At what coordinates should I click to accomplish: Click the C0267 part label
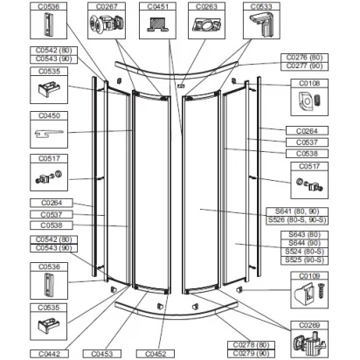click(x=107, y=7)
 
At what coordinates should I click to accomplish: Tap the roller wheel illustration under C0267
click(x=107, y=24)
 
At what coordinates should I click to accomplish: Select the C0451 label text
click(x=157, y=7)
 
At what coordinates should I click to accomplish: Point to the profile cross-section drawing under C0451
click(x=157, y=24)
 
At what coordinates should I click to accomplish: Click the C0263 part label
click(x=206, y=7)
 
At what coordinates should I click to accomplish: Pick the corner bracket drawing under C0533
click(x=261, y=24)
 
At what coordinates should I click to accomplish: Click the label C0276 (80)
click(x=304, y=58)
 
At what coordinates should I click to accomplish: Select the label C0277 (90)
click(x=304, y=66)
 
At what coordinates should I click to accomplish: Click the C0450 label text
click(x=49, y=115)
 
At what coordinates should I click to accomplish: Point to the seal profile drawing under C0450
click(x=49, y=134)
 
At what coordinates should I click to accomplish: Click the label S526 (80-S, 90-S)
click(x=297, y=220)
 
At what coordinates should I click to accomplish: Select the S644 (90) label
click(x=304, y=243)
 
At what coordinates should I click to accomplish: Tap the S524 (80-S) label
click(x=304, y=252)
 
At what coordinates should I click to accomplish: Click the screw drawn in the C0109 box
click(x=321, y=291)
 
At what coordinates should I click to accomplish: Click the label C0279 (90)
click(x=251, y=354)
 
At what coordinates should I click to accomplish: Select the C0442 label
click(x=49, y=354)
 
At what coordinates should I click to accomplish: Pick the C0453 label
click(x=102, y=354)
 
